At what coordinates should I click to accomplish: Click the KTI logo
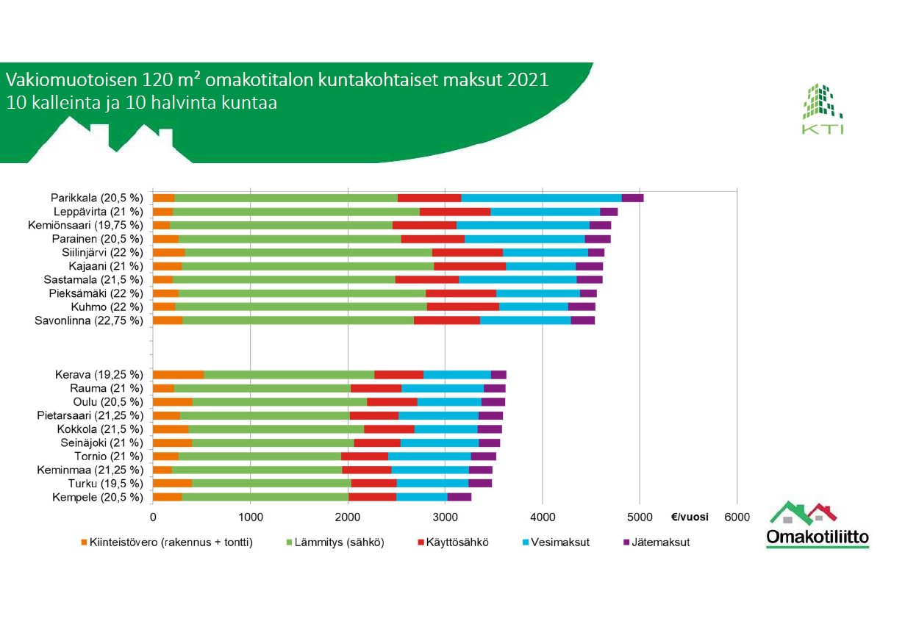tap(822, 110)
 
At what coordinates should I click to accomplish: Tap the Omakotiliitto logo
tap(817, 525)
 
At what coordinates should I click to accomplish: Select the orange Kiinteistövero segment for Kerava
tap(178, 375)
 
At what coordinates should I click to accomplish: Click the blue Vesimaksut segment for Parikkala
tap(541, 198)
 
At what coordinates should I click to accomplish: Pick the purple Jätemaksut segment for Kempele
tap(459, 498)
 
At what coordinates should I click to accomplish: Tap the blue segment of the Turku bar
tap(432, 484)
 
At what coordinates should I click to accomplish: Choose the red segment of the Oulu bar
tap(392, 402)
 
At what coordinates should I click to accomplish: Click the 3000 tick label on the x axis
tap(445, 517)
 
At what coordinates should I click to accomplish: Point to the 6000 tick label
tap(737, 517)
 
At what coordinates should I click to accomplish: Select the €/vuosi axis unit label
tap(690, 517)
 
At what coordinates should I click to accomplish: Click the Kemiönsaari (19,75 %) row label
tap(85, 225)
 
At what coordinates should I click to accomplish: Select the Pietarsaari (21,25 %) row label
tap(89, 416)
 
